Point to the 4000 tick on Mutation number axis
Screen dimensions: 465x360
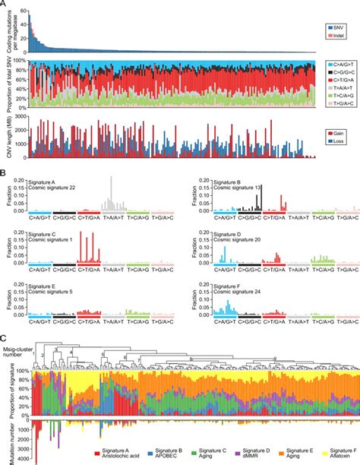(x=21, y=460)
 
